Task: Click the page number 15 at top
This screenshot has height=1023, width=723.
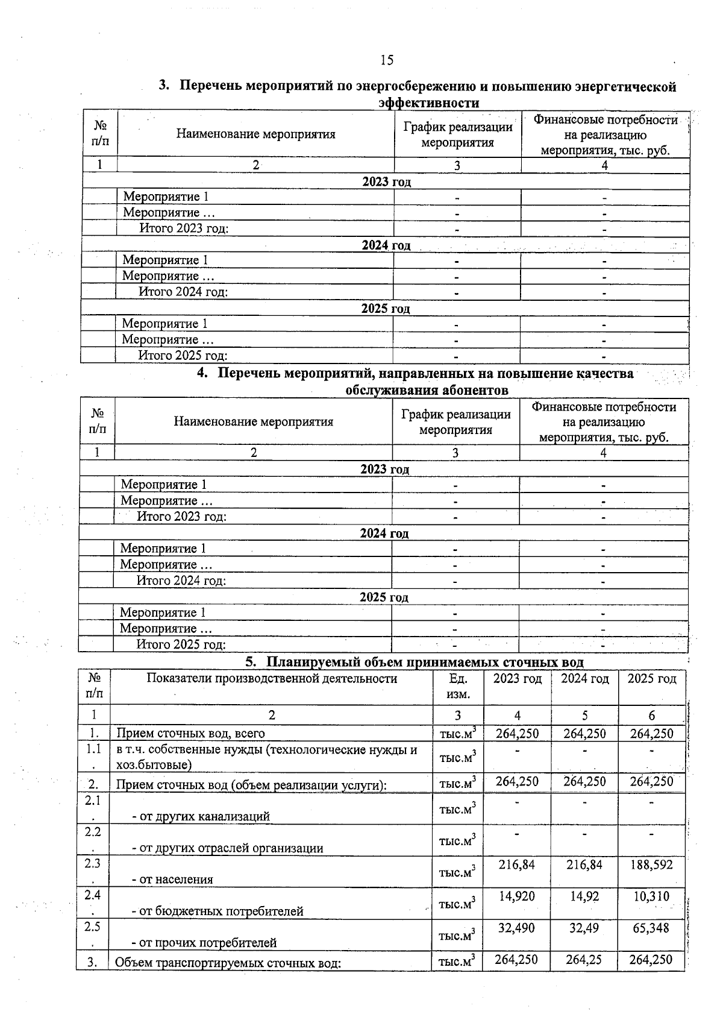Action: click(x=387, y=60)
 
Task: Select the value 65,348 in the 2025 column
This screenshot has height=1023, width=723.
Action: click(x=651, y=928)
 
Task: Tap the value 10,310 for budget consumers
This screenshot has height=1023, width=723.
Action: click(x=651, y=896)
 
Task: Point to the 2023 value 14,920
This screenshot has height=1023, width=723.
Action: click(x=517, y=896)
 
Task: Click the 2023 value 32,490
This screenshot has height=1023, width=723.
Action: click(x=517, y=928)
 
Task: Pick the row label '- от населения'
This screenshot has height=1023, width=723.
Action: click(x=172, y=879)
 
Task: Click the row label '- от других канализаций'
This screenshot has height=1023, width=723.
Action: click(x=201, y=816)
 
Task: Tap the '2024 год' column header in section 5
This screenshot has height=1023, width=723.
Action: click(x=584, y=679)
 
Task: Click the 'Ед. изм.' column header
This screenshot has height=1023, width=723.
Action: click(x=459, y=686)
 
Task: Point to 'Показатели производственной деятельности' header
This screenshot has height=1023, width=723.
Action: click(x=272, y=679)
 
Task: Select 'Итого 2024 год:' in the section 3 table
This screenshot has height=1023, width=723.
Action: click(x=183, y=292)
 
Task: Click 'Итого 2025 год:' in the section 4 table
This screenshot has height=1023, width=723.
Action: click(x=181, y=644)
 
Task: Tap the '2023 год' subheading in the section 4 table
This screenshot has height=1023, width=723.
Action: click(x=384, y=469)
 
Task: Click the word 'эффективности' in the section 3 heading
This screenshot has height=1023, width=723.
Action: click(x=428, y=103)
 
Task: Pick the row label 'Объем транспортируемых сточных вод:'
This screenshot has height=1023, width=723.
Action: click(x=228, y=962)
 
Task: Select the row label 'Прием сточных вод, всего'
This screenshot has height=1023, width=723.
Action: click(x=190, y=733)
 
